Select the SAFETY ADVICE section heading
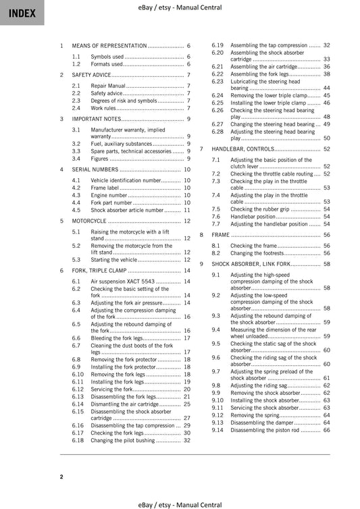point(92,75)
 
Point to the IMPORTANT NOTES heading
point(97,119)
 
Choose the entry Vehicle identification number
point(126,181)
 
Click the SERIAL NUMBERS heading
point(95,169)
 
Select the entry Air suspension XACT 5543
point(123,281)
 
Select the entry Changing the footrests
point(256,253)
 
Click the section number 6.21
point(217,67)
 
